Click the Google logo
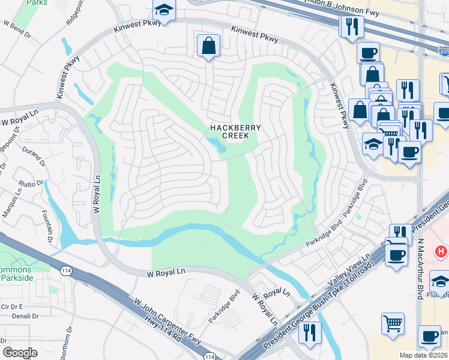(20, 353)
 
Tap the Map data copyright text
(423, 355)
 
